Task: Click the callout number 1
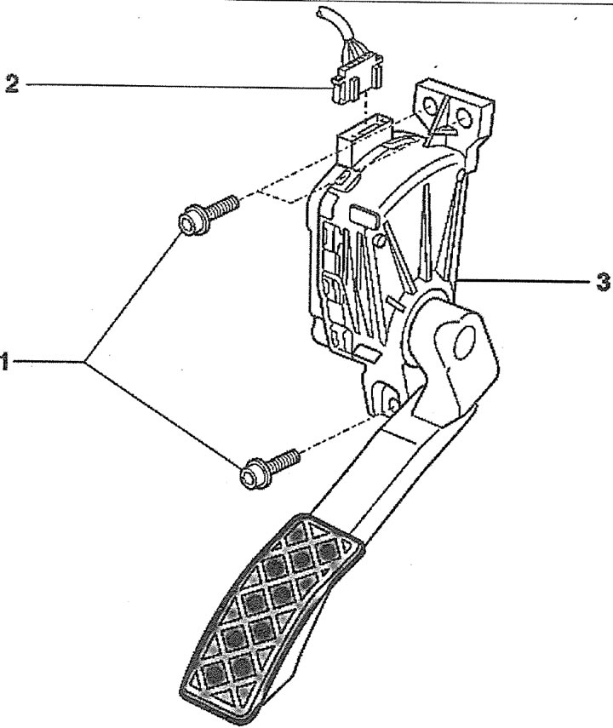3,361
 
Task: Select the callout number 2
12,83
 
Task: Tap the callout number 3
602,281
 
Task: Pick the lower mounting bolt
270,467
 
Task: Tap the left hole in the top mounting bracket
431,108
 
